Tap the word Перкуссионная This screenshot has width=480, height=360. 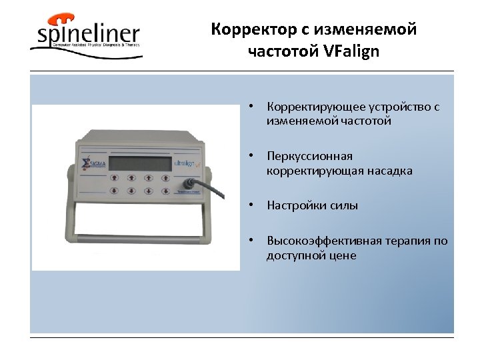[309, 157]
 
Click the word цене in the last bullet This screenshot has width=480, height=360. [341, 255]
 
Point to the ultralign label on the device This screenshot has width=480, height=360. [185, 163]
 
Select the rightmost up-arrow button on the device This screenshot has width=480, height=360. [166, 177]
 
